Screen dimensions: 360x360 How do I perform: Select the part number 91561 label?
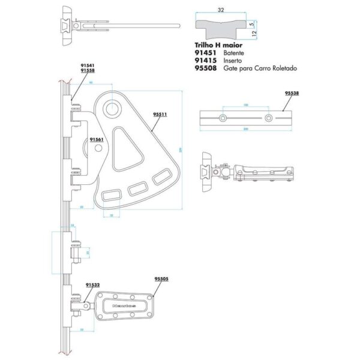(x=97, y=139)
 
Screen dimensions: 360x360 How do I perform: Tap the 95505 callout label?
(x=161, y=279)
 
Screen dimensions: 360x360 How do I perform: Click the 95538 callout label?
(x=292, y=94)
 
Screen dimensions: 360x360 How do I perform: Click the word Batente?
(x=235, y=53)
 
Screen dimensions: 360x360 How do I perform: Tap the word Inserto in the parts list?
(x=234, y=61)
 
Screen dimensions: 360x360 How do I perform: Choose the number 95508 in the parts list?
(x=206, y=68)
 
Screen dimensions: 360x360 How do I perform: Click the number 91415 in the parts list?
(x=206, y=61)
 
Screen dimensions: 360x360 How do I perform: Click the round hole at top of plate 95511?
(x=113, y=108)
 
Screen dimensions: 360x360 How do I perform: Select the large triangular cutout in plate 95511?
(x=127, y=146)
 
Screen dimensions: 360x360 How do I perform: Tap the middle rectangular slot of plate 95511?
(x=136, y=189)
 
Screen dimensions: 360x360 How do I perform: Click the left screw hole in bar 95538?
(x=223, y=118)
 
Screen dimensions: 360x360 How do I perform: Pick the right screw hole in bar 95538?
(x=270, y=118)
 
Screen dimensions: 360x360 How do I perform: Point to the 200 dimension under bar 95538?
(x=246, y=130)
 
